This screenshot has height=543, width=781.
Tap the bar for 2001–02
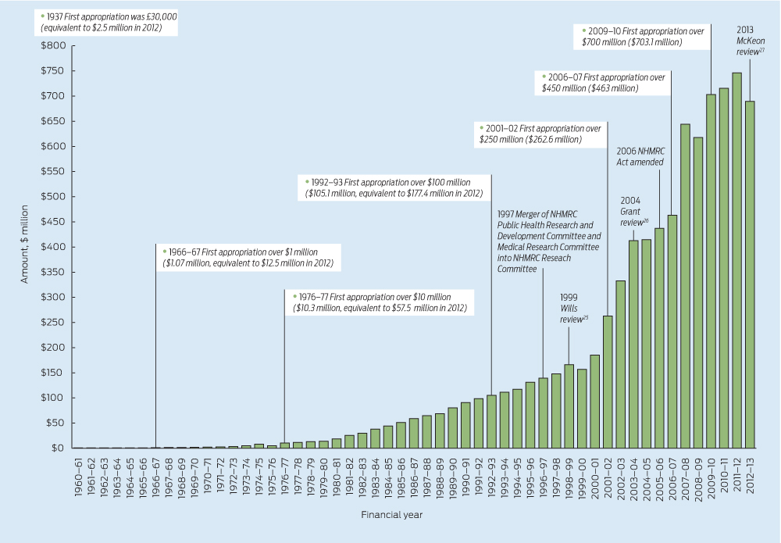608,382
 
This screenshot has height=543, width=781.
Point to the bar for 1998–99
569,406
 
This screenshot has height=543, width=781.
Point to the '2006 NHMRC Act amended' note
639,156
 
